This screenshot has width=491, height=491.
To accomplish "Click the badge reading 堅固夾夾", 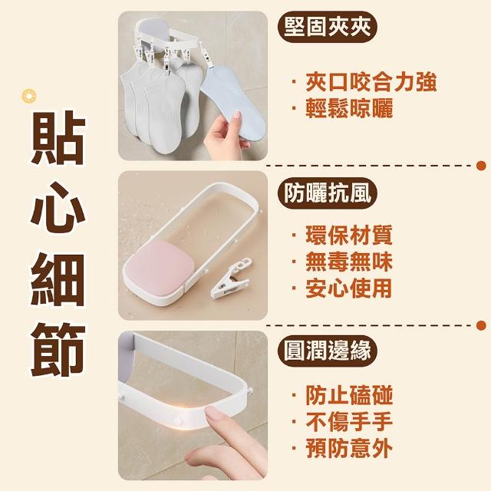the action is pyautogui.click(x=328, y=28).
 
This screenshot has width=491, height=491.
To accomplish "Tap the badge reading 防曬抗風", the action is pyautogui.click(x=328, y=193).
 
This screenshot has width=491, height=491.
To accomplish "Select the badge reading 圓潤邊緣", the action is pyautogui.click(x=328, y=350).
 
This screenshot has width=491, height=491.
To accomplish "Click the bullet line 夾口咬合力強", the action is pyautogui.click(x=364, y=82).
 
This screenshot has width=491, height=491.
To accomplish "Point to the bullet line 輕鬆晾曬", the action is pyautogui.click(x=342, y=109).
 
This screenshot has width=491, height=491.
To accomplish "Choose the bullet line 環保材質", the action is pyautogui.click(x=341, y=235).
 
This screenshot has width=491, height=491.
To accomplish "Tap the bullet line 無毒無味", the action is pyautogui.click(x=341, y=262).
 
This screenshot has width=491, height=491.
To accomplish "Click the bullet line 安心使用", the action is pyautogui.click(x=341, y=288).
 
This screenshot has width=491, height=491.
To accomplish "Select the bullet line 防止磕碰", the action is pyautogui.click(x=341, y=395).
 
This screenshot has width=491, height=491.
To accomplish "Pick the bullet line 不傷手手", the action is pyautogui.click(x=341, y=422).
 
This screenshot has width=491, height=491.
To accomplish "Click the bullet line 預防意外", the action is pyautogui.click(x=341, y=448).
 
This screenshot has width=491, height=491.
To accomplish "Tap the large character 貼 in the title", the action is pyautogui.click(x=58, y=137).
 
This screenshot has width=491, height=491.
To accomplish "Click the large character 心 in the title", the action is pyautogui.click(x=58, y=208).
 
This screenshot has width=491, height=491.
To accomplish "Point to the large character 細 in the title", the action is pyautogui.click(x=58, y=279).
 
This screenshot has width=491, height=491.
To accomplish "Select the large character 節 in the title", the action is pyautogui.click(x=58, y=350).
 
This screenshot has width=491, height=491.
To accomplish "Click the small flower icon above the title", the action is pyautogui.click(x=29, y=96).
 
